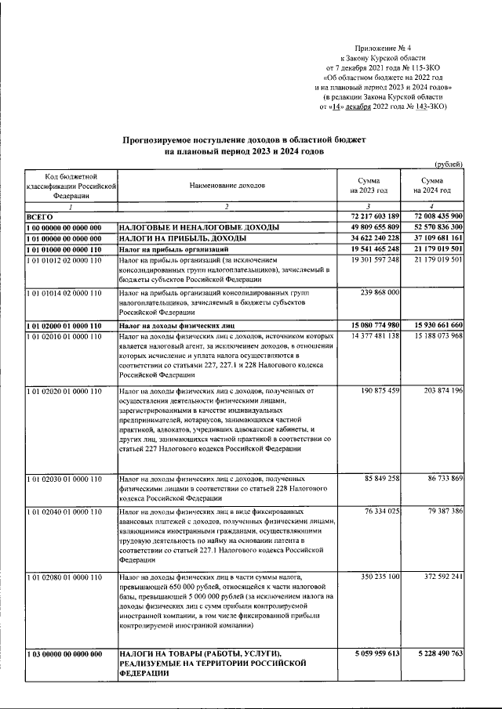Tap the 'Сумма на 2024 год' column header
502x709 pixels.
(435, 186)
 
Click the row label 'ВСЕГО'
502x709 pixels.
(39, 215)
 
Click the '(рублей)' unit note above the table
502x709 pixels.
(449, 163)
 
